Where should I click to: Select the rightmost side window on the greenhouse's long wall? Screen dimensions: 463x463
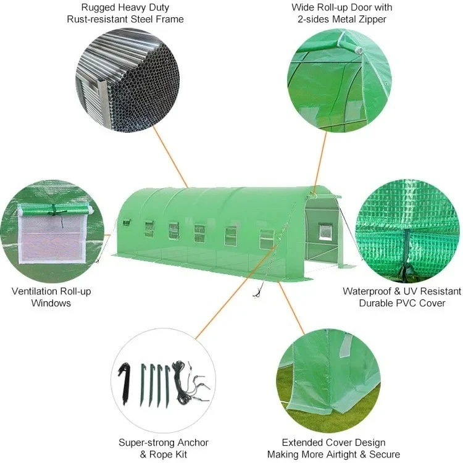tap(267, 238)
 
